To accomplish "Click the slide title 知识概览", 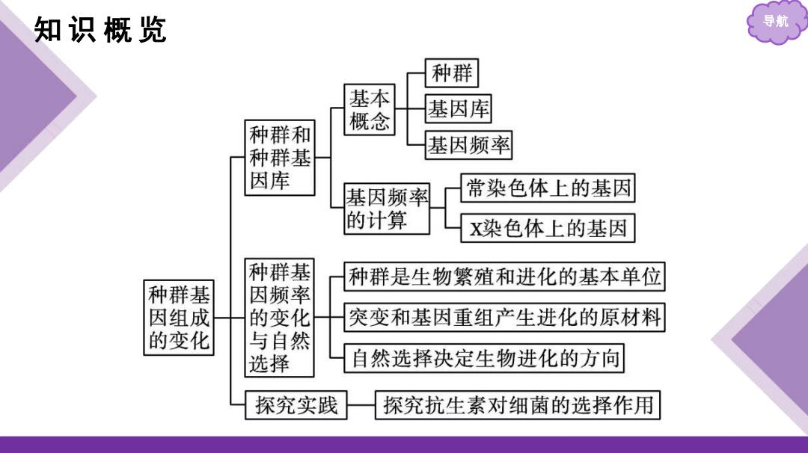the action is point(100,29).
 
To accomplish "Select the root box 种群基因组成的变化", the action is point(179,318).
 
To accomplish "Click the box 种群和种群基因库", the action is point(280,158).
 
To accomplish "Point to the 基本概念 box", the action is point(370,110).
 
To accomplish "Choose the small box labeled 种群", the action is point(451,73).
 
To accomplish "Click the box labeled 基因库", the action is point(458,108).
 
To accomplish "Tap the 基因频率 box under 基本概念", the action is point(468,145).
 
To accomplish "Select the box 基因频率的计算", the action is point(387,209).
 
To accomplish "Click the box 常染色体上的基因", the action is point(548,188).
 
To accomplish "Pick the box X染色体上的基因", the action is point(548,228).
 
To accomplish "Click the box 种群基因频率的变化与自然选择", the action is point(279,318).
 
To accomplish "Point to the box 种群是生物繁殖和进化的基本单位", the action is point(504,277).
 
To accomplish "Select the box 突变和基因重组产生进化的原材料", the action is point(504,317).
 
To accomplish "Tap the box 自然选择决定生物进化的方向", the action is point(484,358).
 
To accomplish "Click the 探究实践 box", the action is point(296,405).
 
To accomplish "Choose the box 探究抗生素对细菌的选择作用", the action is point(518,405).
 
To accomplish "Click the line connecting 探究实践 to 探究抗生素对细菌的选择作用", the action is point(361,405).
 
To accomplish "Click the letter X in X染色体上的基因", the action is point(476,229).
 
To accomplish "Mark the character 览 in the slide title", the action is point(153,29).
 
